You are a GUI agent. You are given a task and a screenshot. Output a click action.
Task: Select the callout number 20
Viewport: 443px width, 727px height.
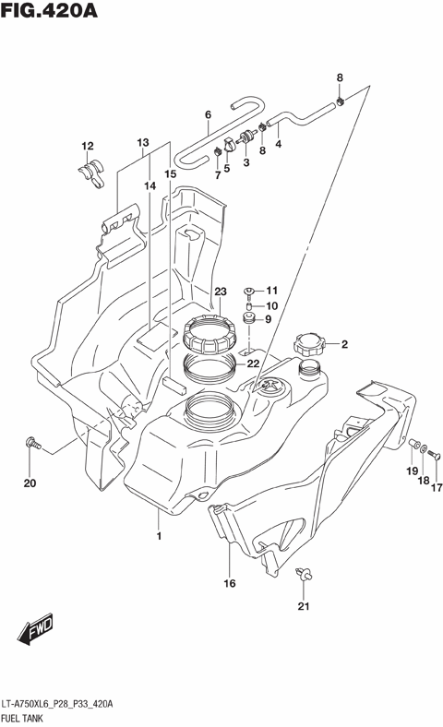(x=29, y=483)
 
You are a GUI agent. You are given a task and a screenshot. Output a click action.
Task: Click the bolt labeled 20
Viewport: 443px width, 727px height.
(x=33, y=444)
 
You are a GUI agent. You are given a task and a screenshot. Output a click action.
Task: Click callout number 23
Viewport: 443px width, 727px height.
(x=220, y=292)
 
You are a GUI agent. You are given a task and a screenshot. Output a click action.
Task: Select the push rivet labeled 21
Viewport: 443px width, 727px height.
(x=303, y=576)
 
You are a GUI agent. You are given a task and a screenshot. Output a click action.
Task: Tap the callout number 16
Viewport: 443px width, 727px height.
(x=229, y=583)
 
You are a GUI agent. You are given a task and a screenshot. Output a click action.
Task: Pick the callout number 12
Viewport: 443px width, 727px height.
(x=88, y=146)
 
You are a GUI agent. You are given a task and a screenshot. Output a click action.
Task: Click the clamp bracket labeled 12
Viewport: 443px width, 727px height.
(x=90, y=172)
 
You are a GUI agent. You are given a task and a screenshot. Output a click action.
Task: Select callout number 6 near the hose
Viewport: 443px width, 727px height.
(x=208, y=115)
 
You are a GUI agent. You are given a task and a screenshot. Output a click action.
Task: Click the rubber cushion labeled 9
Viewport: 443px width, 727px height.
(x=249, y=320)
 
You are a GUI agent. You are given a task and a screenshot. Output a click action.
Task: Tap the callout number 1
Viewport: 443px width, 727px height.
(x=159, y=536)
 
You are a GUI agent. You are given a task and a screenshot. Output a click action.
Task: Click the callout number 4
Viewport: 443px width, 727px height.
(x=278, y=143)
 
